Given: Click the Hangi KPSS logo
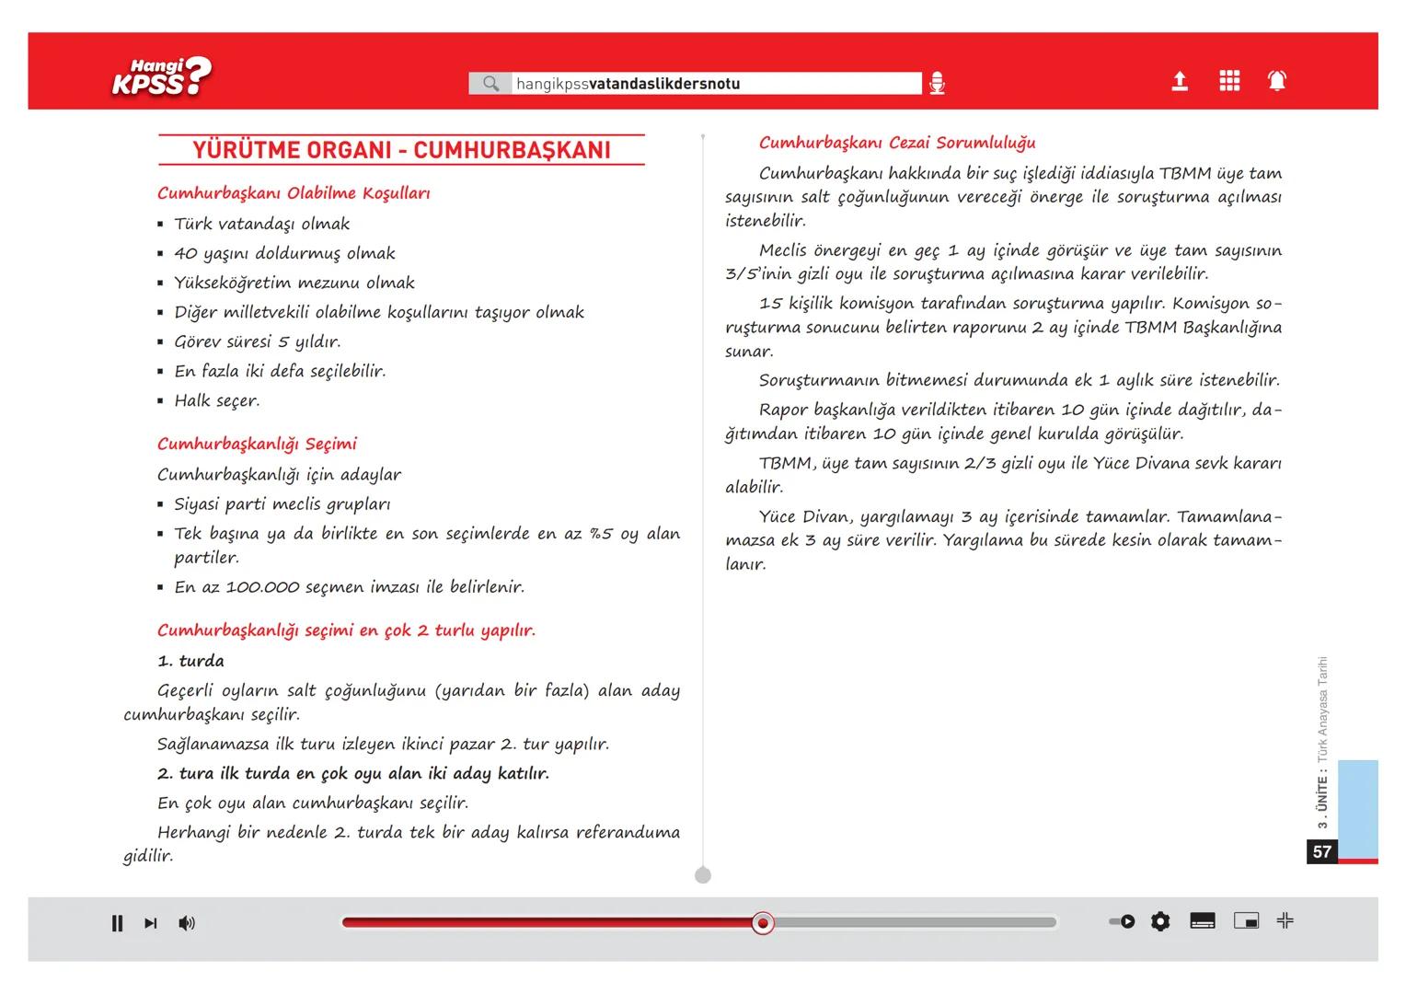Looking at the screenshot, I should pyautogui.click(x=162, y=77).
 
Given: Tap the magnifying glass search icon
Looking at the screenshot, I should pyautogui.click(x=490, y=84).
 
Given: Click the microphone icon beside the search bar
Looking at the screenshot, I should pyautogui.click(x=937, y=84).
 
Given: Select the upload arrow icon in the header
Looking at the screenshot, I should pyautogui.click(x=1180, y=82).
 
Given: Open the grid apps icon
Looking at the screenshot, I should pyautogui.click(x=1229, y=81).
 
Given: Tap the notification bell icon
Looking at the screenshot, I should pyautogui.click(x=1277, y=81).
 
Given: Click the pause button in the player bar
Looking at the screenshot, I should pyautogui.click(x=117, y=923).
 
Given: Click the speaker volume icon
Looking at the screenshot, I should pyautogui.click(x=187, y=923).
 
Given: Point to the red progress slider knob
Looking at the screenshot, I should pyautogui.click(x=762, y=923).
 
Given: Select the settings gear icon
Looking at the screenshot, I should pyautogui.click(x=1160, y=921).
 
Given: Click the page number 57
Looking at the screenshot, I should pyautogui.click(x=1322, y=852).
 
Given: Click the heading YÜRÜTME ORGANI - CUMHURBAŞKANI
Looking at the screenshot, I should pyautogui.click(x=401, y=151).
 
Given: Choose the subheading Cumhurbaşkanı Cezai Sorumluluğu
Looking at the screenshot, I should pyautogui.click(x=897, y=143).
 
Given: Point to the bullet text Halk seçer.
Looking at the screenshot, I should pyautogui.click(x=217, y=400).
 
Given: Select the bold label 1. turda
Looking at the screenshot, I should pyautogui.click(x=190, y=661).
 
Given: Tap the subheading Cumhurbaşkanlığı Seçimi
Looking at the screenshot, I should pyautogui.click(x=257, y=444).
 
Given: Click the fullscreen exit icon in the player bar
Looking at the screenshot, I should pyautogui.click(x=1285, y=920).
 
